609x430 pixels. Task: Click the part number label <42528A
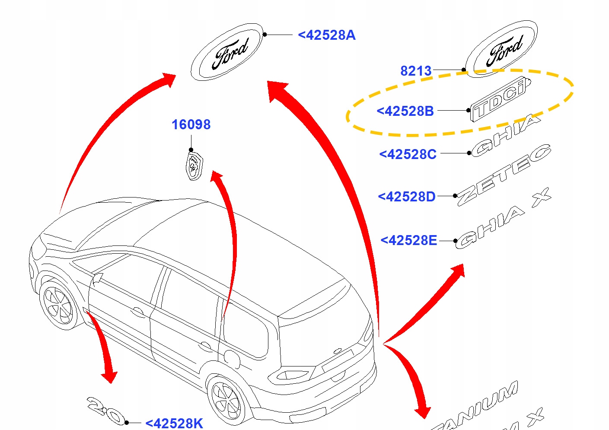[x=327, y=35]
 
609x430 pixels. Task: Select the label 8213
[x=416, y=70]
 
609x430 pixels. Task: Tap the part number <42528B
[x=405, y=111]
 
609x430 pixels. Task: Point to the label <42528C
[x=408, y=154]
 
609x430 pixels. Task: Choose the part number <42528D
[x=407, y=197]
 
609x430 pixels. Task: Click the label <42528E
[x=409, y=240]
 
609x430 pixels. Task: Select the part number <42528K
[x=174, y=423]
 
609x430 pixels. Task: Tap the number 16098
[x=191, y=124]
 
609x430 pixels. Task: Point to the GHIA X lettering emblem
[x=501, y=220]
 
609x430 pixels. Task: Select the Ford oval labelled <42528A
[x=227, y=52]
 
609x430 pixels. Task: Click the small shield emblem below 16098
[x=194, y=165]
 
